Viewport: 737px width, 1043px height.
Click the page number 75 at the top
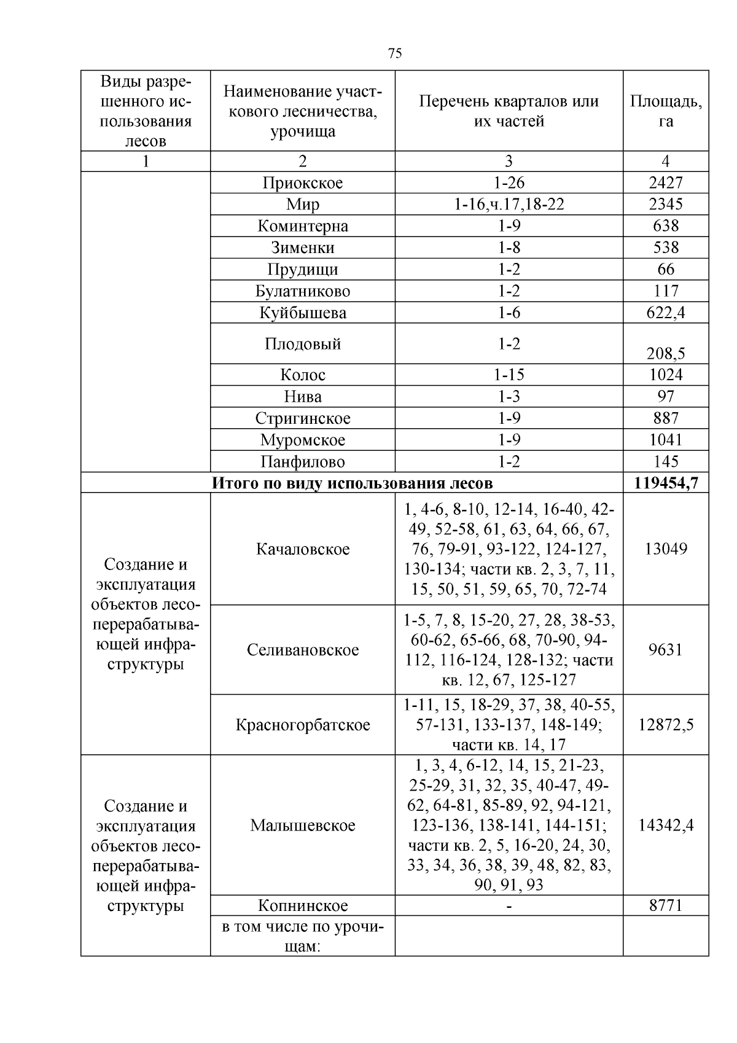click(395, 53)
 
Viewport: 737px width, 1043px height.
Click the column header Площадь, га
click(666, 111)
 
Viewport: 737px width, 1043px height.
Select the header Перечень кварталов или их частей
click(509, 111)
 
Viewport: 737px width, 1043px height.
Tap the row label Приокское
click(302, 183)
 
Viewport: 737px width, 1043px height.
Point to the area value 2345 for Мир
click(666, 205)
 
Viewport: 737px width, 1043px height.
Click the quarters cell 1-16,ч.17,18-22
click(509, 205)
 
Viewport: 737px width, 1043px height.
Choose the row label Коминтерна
click(302, 226)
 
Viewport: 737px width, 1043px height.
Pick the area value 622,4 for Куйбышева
click(666, 313)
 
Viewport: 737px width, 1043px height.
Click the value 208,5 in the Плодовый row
click(666, 353)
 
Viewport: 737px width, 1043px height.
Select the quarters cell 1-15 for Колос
click(509, 375)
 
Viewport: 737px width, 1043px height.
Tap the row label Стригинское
click(302, 418)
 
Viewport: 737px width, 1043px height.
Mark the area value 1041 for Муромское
click(666, 440)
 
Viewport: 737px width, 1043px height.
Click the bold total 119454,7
click(666, 483)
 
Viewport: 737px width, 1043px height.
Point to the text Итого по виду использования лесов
click(352, 483)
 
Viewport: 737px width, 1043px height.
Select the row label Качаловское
click(302, 549)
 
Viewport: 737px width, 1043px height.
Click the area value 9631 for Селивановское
click(666, 650)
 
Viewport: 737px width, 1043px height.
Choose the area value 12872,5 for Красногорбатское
click(666, 725)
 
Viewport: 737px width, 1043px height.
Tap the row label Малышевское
click(302, 825)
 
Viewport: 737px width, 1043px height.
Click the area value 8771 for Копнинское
click(666, 905)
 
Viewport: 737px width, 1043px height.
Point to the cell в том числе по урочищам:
click(302, 936)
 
